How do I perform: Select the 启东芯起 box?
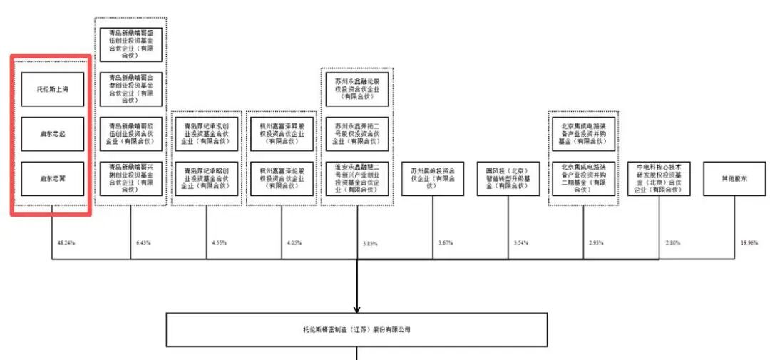click(52, 133)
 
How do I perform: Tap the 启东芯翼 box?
click(52, 178)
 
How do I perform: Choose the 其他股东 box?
click(734, 179)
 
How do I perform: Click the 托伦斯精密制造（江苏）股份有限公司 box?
click(356, 330)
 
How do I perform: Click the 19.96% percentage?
click(749, 243)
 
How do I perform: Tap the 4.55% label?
click(220, 243)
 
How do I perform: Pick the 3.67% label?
click(446, 243)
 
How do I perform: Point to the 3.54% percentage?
click(521, 243)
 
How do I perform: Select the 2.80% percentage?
click(672, 243)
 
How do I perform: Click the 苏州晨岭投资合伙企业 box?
click(433, 179)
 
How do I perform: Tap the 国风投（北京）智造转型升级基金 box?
click(508, 179)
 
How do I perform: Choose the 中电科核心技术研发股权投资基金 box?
click(659, 179)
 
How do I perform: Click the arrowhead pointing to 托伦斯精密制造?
click(356, 308)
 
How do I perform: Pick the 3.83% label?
click(369, 244)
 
